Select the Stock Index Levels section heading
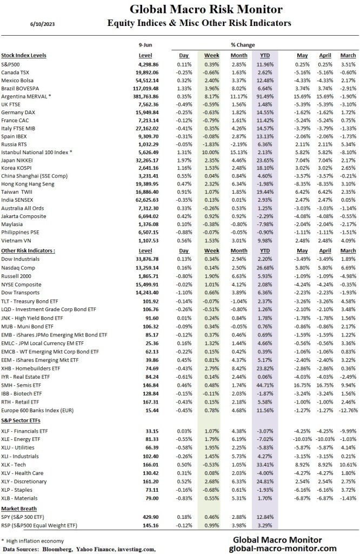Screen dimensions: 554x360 tap(24, 55)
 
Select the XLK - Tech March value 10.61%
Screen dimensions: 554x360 tap(348, 450)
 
